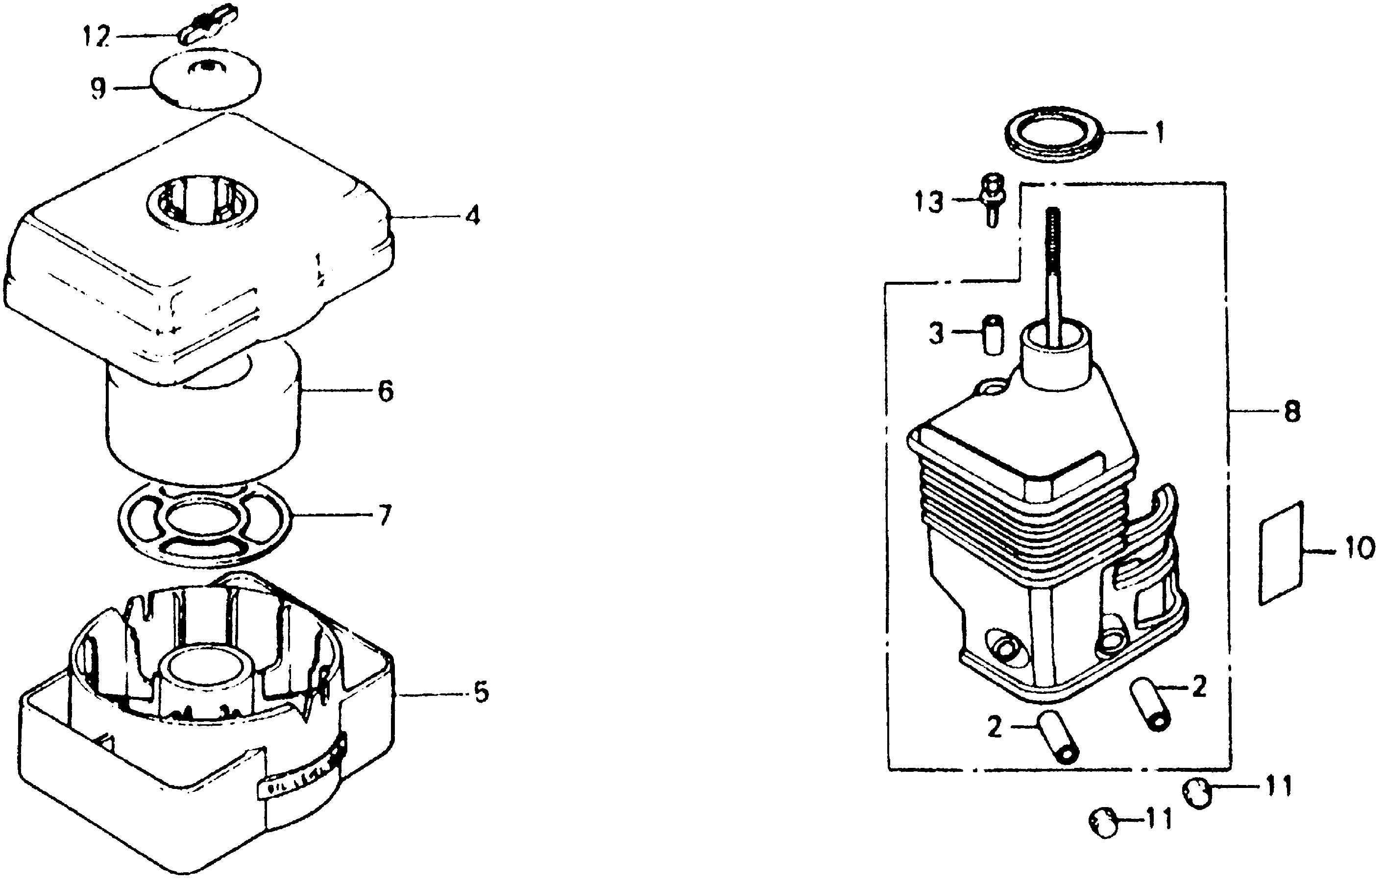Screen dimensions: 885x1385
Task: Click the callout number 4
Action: pyautogui.click(x=472, y=217)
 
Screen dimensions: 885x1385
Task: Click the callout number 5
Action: pyautogui.click(x=481, y=692)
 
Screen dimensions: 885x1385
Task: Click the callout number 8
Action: pyautogui.click(x=1292, y=412)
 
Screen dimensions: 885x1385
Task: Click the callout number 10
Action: pyautogui.click(x=1359, y=549)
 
